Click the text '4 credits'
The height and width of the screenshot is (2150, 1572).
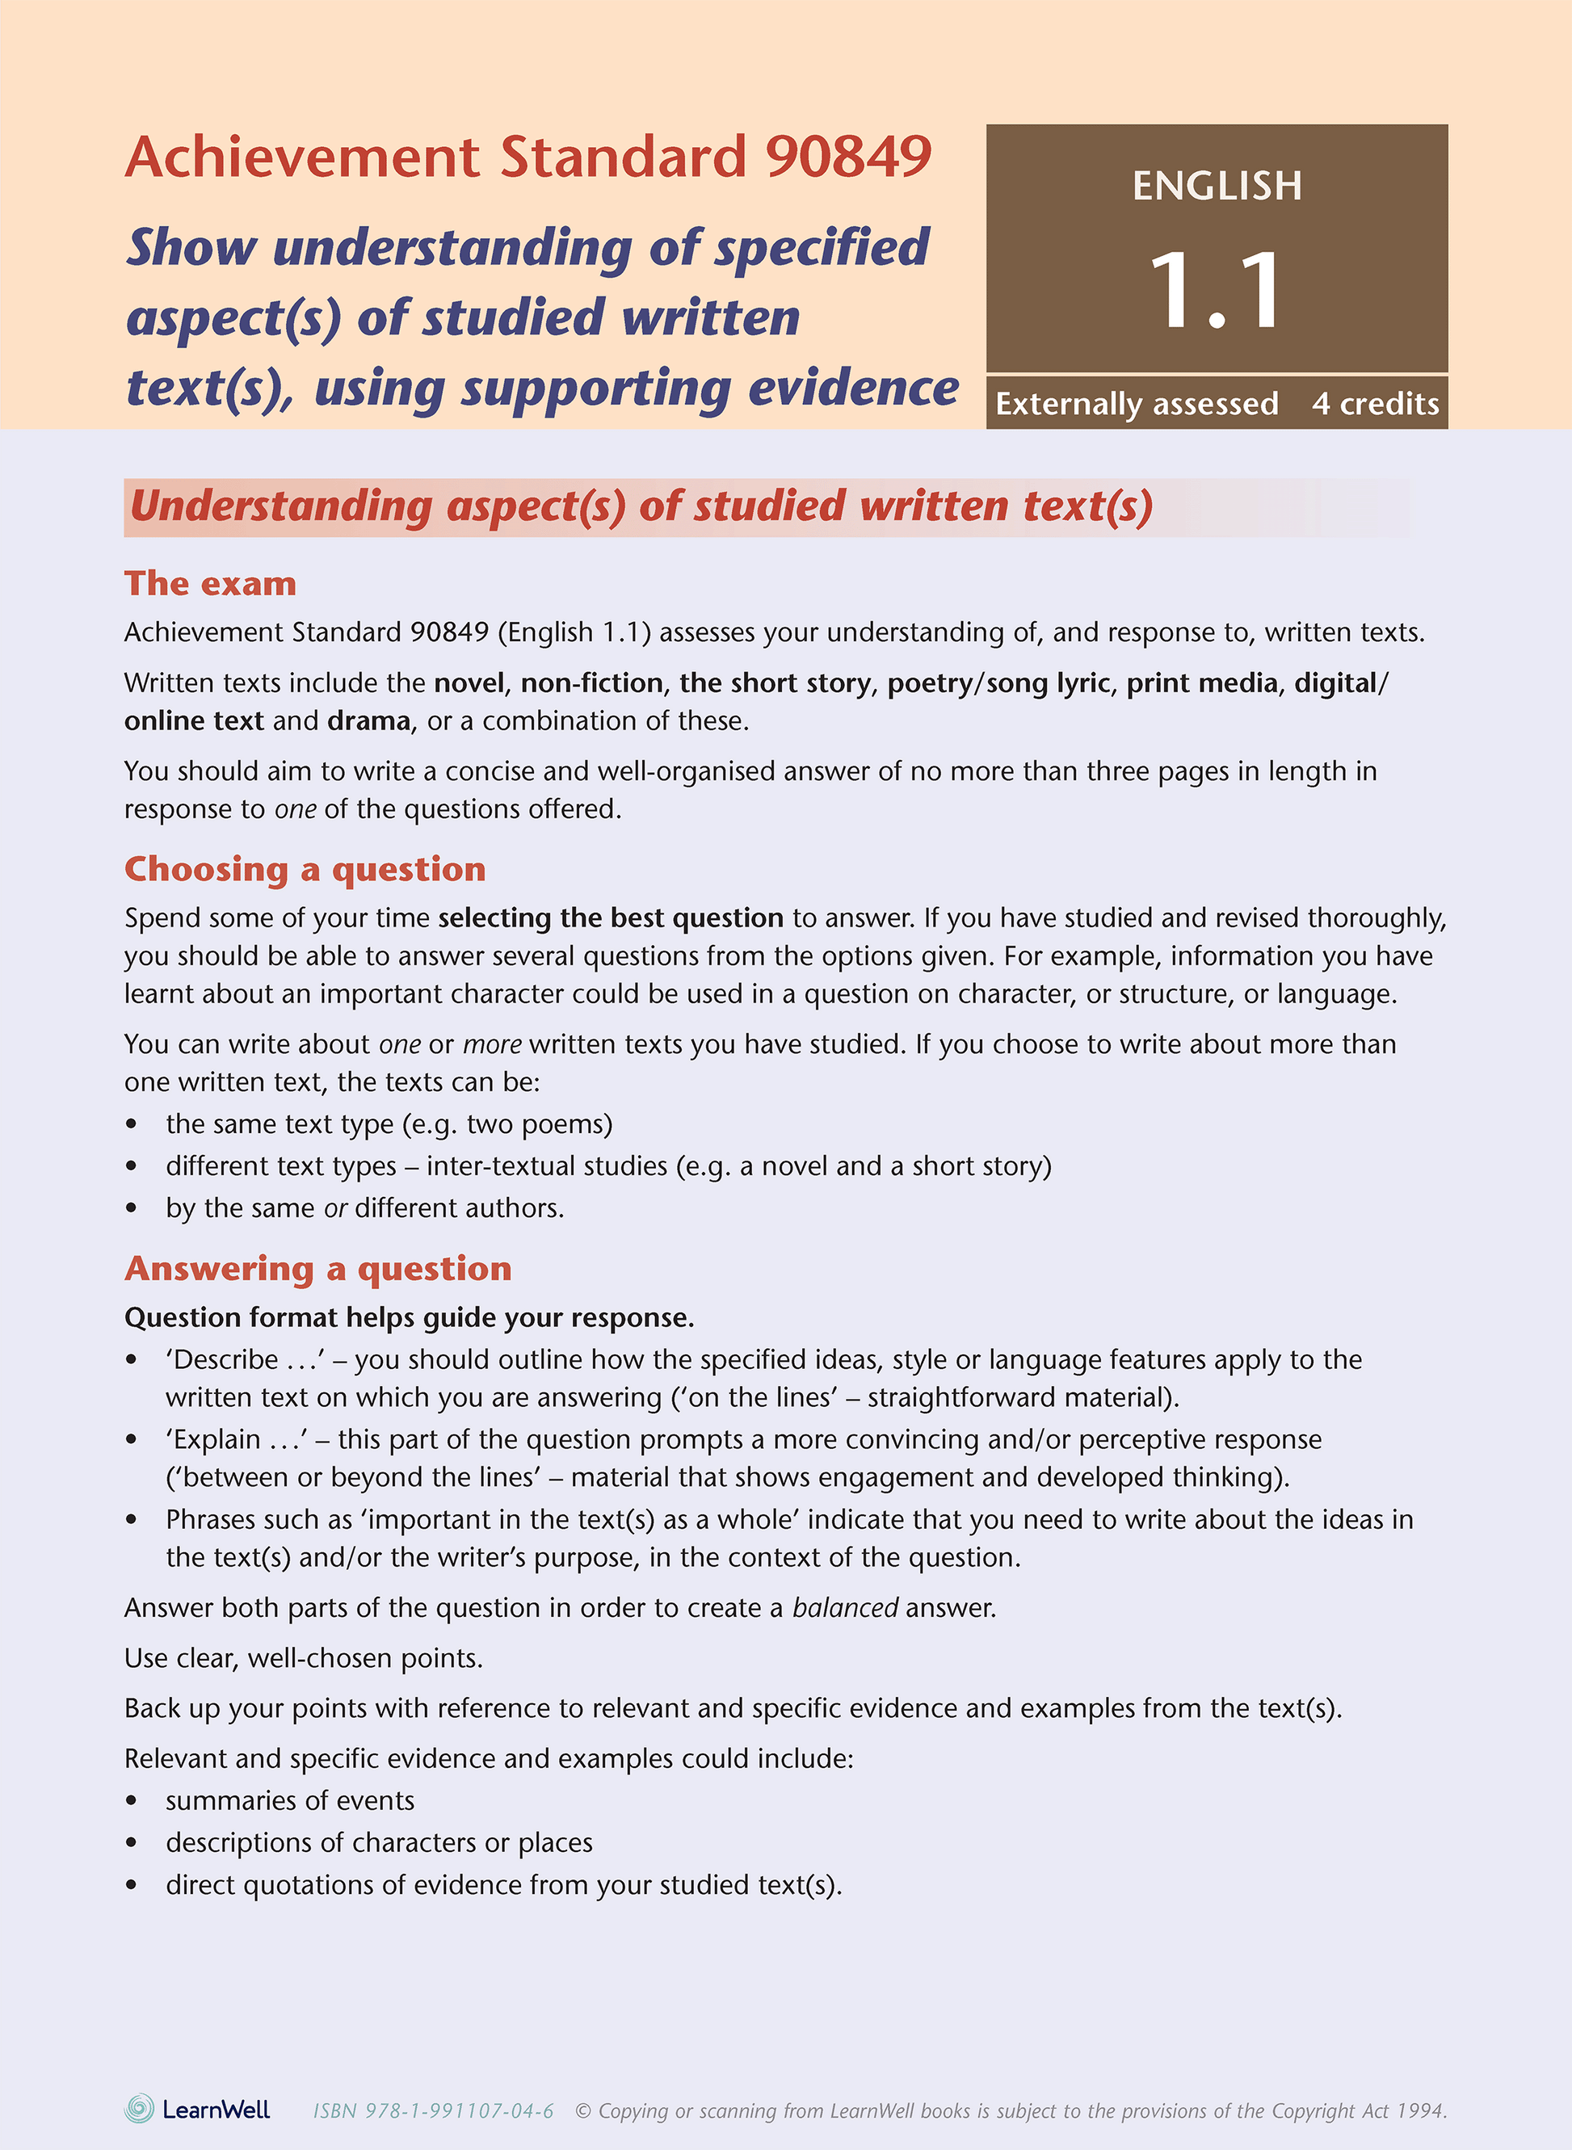[x=1375, y=403]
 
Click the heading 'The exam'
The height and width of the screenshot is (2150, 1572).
[x=210, y=583]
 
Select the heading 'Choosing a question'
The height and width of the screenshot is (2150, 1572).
[x=305, y=868]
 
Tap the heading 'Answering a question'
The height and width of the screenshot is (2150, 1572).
[x=317, y=1268]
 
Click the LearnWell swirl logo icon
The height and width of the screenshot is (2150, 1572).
[x=139, y=2108]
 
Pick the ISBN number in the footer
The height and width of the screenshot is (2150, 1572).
[x=434, y=2111]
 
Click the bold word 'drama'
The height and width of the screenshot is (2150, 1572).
[x=368, y=720]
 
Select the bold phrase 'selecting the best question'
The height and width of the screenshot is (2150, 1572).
[x=610, y=917]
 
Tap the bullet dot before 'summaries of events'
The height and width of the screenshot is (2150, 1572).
[x=132, y=1801]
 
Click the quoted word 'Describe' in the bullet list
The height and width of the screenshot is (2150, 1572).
[x=225, y=1359]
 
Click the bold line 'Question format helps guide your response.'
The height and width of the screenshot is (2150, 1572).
[x=410, y=1317]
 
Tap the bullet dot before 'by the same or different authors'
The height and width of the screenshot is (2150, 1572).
[x=132, y=1208]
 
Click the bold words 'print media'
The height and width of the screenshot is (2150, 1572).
[x=1202, y=682]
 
